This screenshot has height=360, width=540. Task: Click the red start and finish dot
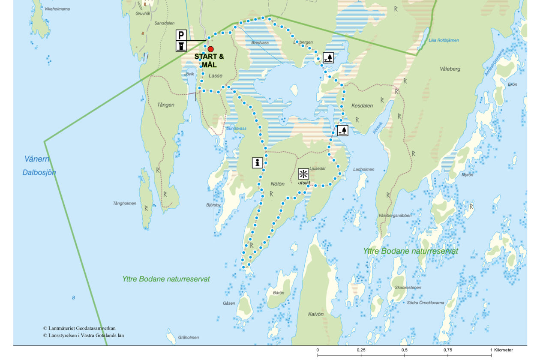(x=210, y=49)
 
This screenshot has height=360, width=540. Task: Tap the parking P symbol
(x=181, y=35)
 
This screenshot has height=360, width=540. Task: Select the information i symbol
(x=257, y=162)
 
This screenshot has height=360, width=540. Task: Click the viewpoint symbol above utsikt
(x=303, y=174)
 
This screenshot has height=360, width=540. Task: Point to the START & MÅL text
(x=209, y=60)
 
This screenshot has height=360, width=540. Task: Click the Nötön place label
(x=277, y=184)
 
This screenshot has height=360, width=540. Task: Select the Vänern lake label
(x=37, y=159)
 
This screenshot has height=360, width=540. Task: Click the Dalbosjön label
(x=39, y=173)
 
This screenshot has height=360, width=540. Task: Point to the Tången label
(x=165, y=105)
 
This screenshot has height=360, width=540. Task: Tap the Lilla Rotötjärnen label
(x=444, y=40)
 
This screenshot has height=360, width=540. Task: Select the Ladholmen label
(x=363, y=169)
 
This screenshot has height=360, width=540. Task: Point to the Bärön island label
(x=278, y=292)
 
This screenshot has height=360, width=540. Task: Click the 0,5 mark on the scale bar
(x=404, y=350)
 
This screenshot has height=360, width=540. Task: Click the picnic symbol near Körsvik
(x=342, y=130)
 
